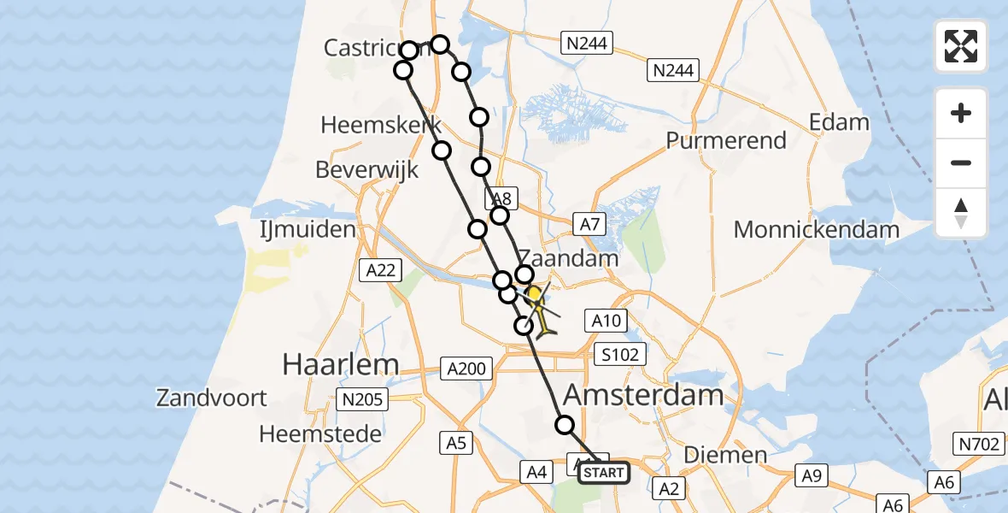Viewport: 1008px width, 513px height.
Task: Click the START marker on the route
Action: click(604, 472)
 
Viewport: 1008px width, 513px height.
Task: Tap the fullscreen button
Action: click(961, 46)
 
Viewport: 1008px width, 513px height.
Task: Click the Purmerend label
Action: click(726, 140)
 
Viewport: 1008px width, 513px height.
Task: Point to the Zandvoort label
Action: click(212, 398)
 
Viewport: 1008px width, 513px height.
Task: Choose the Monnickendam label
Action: click(816, 230)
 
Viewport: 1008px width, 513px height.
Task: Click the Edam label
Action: click(839, 122)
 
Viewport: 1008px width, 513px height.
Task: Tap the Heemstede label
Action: click(320, 434)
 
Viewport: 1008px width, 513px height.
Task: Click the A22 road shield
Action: click(380, 270)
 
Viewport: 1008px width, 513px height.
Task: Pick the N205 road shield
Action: click(363, 399)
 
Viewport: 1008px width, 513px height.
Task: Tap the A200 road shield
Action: click(466, 369)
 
